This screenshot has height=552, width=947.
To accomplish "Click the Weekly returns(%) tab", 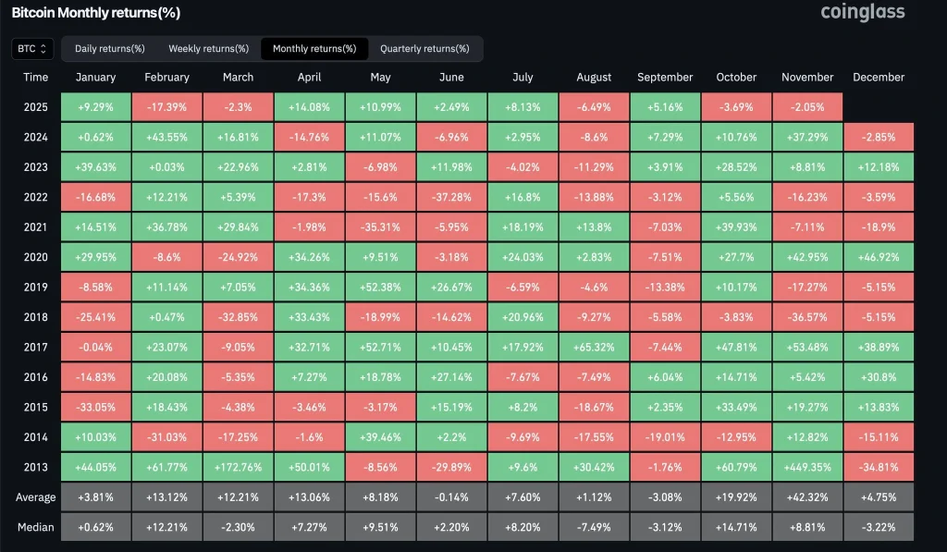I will tap(208, 48).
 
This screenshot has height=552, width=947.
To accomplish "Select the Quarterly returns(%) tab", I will tap(424, 48).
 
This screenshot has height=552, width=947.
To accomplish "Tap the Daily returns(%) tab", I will tap(109, 48).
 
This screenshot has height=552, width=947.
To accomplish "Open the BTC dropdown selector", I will tap(32, 48).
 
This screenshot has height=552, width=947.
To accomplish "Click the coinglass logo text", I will tap(862, 12).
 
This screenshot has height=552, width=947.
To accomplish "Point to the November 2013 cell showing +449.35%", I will tap(807, 467).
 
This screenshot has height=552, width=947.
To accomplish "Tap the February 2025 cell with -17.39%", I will tap(166, 107).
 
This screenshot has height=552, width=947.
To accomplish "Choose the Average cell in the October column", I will tap(736, 497).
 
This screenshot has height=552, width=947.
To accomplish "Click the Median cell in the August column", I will tap(594, 527).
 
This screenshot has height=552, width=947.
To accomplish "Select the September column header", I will tap(665, 78).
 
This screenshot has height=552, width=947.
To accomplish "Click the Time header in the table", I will tap(36, 78).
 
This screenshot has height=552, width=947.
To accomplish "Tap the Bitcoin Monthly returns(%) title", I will tap(95, 13).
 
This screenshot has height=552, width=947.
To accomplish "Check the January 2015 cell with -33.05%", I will tap(96, 408).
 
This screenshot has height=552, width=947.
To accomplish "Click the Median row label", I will tap(36, 527).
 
